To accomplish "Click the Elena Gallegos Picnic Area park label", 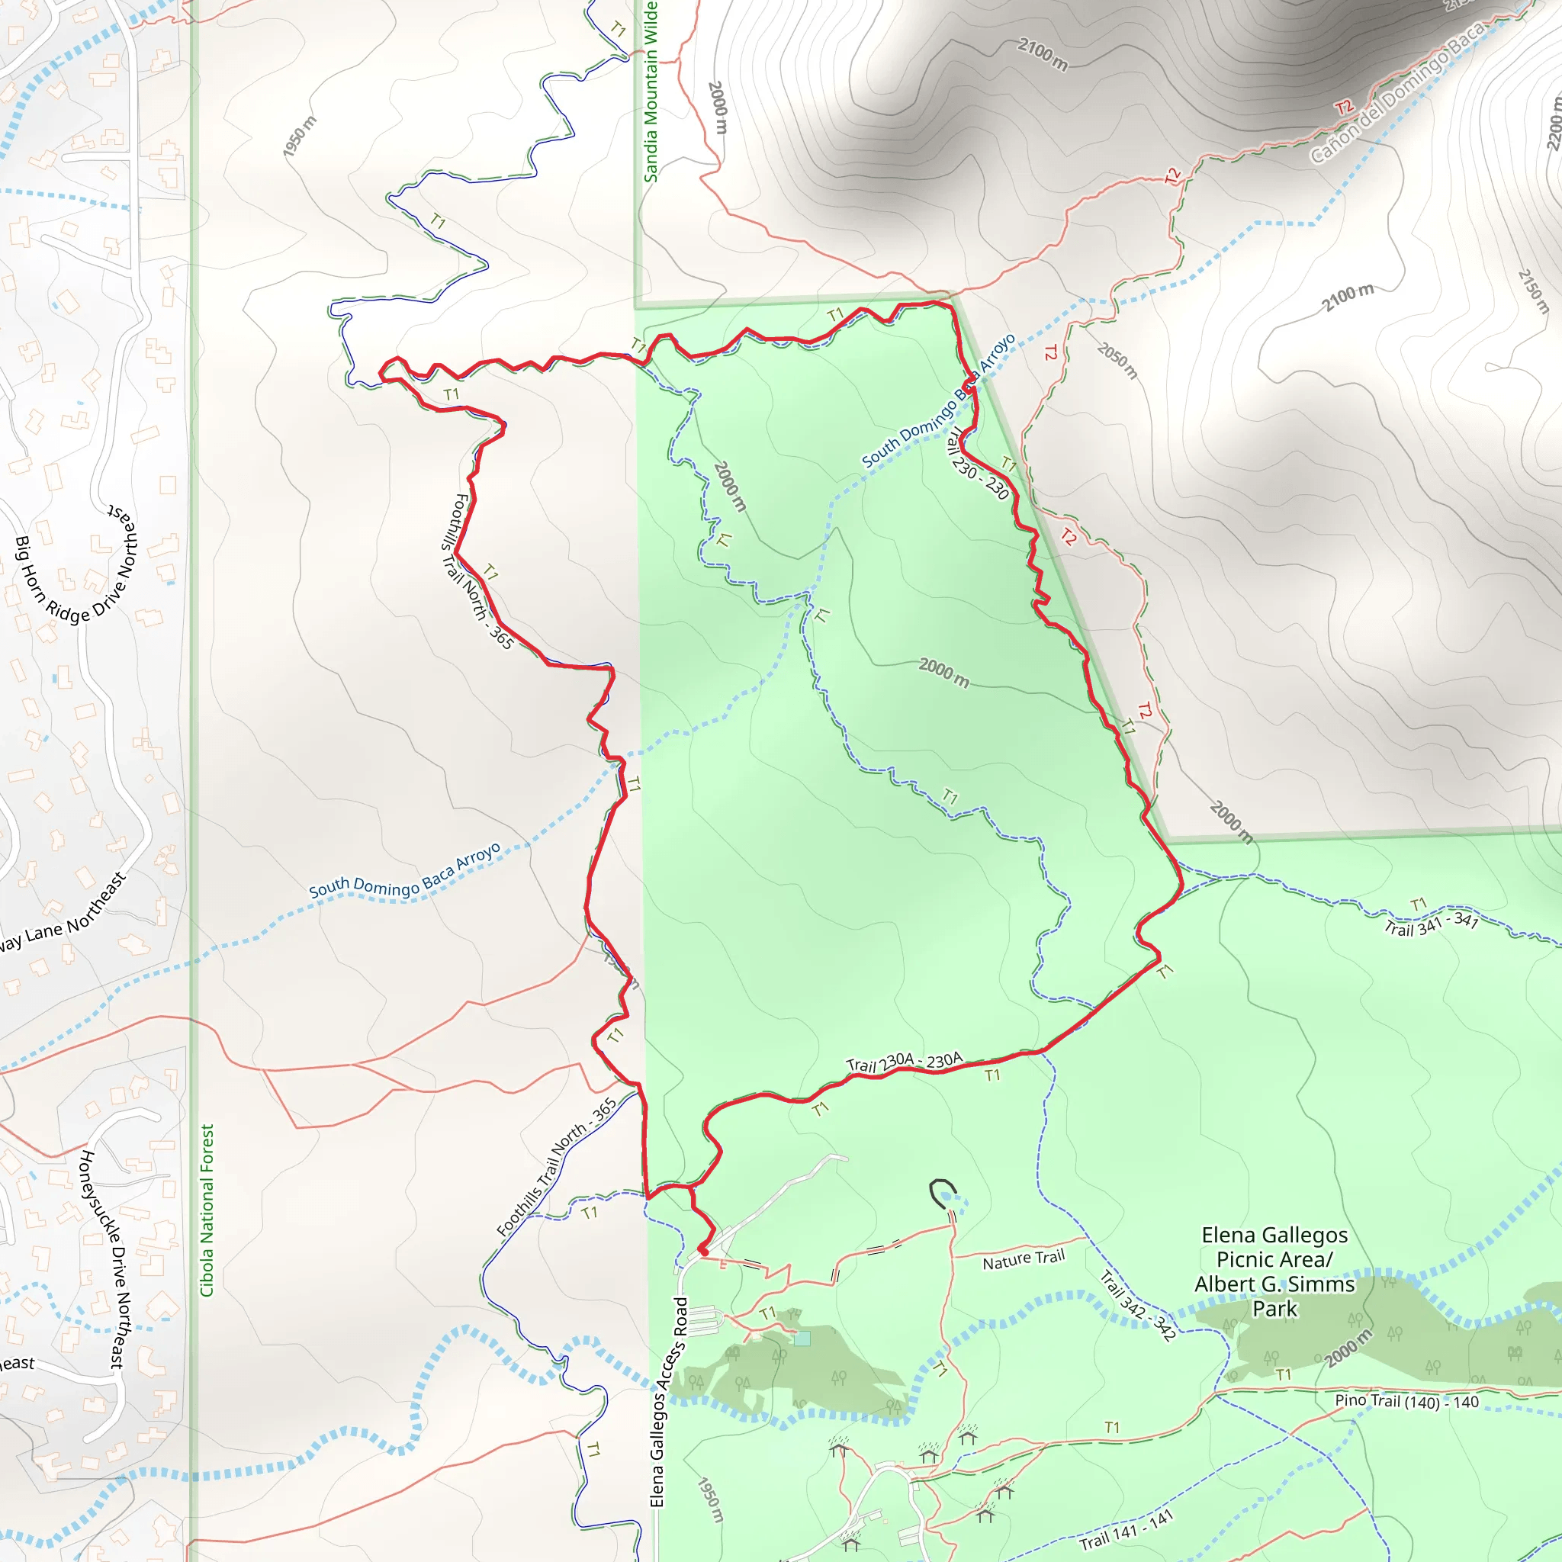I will [x=1274, y=1271].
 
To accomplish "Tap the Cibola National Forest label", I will [x=207, y=1210].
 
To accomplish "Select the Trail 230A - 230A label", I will [x=904, y=1062].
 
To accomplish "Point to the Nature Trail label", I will [x=1024, y=1258].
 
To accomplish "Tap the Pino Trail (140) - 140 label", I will [x=1406, y=1402].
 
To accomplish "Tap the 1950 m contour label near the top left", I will [x=300, y=136].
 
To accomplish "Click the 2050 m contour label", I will [x=1118, y=360].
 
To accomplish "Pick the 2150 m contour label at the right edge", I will [x=1533, y=291].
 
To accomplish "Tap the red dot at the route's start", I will [x=702, y=1251].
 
